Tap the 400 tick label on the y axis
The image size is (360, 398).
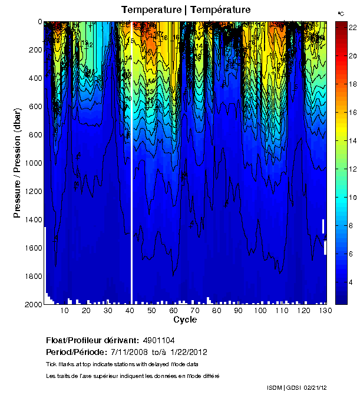tap(34, 78)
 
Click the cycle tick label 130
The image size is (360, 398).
tap(323, 311)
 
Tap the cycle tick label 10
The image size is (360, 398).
tap(65, 311)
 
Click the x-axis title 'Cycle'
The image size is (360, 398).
tap(185, 320)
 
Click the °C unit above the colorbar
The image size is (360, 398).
tap(341, 12)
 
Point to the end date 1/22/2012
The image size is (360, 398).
tap(186, 352)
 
